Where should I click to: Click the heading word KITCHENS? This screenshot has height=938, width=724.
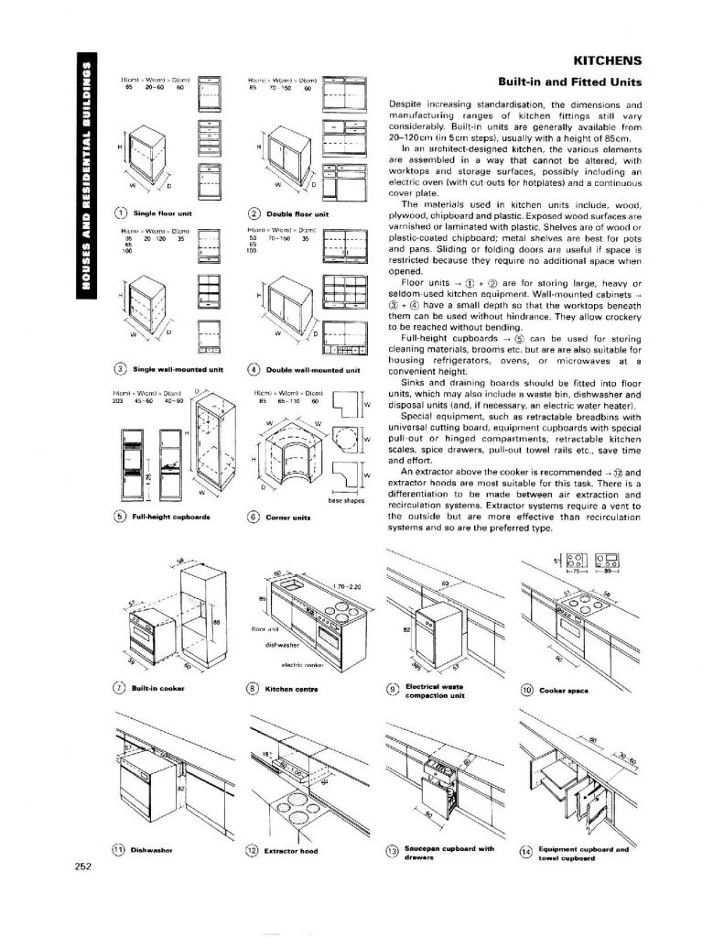(606, 61)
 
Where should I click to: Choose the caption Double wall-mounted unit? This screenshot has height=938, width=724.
(314, 370)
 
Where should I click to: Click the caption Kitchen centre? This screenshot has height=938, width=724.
(292, 687)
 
